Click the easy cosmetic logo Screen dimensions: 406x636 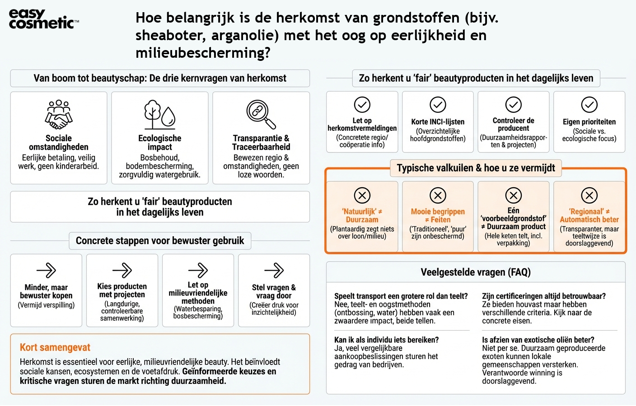[43, 19]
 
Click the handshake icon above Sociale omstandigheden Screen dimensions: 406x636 [59, 115]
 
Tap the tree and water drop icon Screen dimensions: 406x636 [159, 115]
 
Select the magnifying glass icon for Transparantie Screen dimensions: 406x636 [261, 114]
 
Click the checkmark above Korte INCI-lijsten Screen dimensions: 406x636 [438, 105]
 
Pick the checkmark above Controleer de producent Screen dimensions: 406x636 [513, 105]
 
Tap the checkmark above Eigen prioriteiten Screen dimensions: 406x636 [589, 105]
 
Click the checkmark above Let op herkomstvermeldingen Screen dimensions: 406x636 [362, 105]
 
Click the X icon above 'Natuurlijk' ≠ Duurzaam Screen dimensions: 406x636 [362, 195]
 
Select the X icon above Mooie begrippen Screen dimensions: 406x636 [438, 195]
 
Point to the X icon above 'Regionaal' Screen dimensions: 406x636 [589, 195]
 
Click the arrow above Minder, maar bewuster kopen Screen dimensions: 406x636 [46, 271]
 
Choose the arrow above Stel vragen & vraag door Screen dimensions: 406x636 [274, 271]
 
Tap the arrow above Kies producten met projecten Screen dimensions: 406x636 [122, 271]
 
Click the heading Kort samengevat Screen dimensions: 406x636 [55, 347]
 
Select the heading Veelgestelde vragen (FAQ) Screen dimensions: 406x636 [476, 272]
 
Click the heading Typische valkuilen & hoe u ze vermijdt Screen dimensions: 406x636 [476, 168]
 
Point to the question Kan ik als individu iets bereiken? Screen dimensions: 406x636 [386, 340]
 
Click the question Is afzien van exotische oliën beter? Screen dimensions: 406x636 [538, 340]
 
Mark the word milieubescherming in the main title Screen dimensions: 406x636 [203, 53]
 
